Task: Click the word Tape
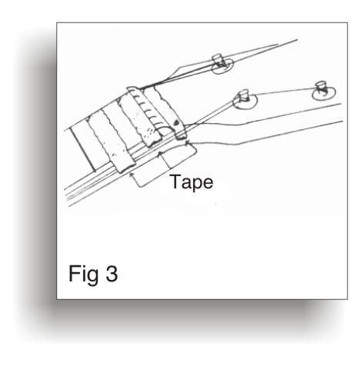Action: click(x=192, y=182)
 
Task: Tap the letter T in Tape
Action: click(x=176, y=181)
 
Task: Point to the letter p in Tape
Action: click(x=197, y=185)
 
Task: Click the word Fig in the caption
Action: click(x=84, y=275)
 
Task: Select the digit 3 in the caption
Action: click(x=112, y=274)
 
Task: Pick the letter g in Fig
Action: click(x=93, y=277)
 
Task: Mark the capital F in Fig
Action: click(x=74, y=274)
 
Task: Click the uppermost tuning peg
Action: click(x=218, y=60)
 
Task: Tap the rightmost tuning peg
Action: click(x=321, y=87)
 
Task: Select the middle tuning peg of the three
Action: click(x=244, y=95)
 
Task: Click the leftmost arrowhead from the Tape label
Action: click(x=132, y=175)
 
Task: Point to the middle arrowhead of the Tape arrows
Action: click(x=160, y=153)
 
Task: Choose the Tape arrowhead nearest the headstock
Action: click(x=187, y=142)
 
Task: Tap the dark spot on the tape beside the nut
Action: click(x=176, y=123)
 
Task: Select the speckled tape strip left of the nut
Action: click(x=138, y=121)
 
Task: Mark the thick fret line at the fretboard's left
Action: click(x=83, y=150)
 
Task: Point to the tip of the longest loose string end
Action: click(x=297, y=39)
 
